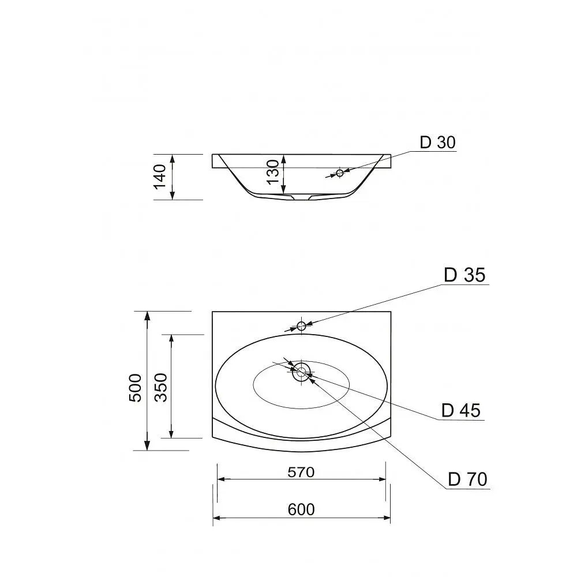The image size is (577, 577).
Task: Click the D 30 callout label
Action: pos(437,143)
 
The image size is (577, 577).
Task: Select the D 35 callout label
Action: pos(464,275)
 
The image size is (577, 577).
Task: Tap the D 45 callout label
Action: pos(461,410)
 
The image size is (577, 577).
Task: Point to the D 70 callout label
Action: pos(467,479)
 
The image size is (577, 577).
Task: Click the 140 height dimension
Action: pos(160,177)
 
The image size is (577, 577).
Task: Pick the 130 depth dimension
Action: pos(273,172)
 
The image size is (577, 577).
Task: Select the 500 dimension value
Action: pos(135,388)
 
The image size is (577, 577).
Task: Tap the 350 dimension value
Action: pos(161,388)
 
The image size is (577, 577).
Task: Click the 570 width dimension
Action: pos(301,472)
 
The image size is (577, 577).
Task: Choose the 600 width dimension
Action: pos(301,509)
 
